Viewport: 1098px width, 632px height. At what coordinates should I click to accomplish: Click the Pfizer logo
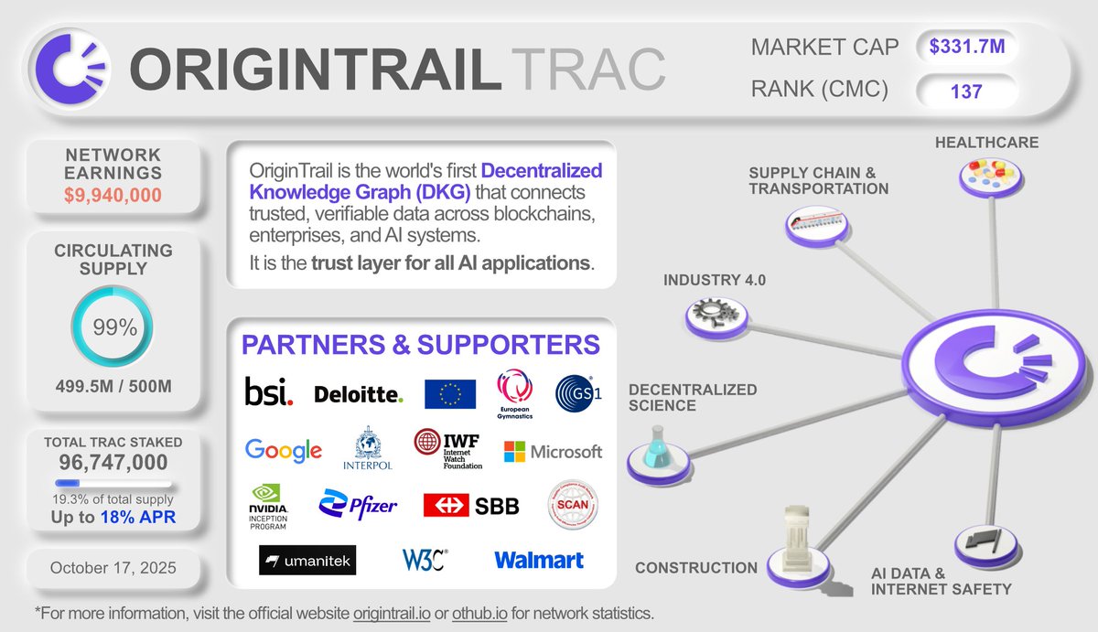[358, 504]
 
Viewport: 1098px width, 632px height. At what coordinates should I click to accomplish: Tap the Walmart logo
[538, 560]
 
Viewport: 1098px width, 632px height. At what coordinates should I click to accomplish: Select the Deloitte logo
[358, 395]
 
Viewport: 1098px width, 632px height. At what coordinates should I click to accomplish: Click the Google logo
[284, 450]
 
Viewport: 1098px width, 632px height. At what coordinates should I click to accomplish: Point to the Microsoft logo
[553, 451]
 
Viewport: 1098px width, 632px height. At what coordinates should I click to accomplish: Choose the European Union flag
[450, 394]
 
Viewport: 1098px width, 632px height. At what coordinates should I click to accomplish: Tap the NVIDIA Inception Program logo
[268, 507]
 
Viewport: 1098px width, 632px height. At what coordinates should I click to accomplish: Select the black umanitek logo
[295, 560]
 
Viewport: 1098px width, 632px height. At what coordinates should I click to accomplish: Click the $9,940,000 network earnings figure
[113, 194]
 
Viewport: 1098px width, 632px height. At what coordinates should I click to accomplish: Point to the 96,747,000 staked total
[113, 462]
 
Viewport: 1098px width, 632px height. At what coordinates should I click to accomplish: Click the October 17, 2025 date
[113, 568]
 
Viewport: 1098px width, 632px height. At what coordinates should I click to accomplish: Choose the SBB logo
[471, 505]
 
